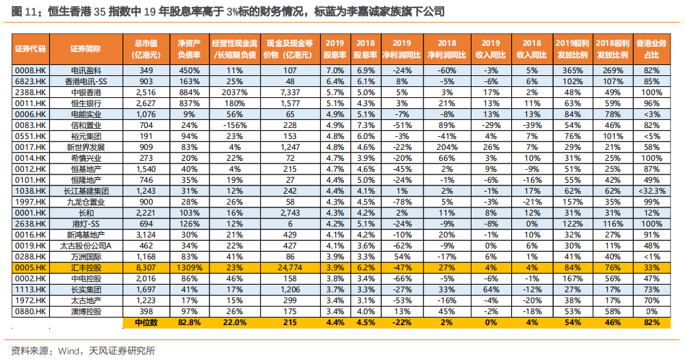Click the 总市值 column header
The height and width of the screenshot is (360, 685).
pos(146,48)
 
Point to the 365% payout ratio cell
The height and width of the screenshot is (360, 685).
pos(571,70)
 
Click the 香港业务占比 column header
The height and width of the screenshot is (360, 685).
pos(651,48)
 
